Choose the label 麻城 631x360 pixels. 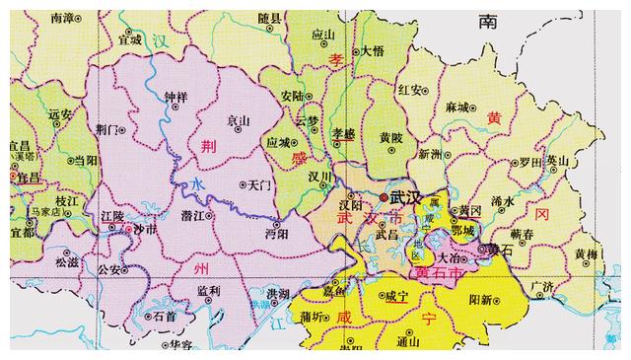pos(456,105)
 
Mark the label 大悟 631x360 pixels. pos(372,49)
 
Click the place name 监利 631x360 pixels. pos(208,291)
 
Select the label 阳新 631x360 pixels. pos(480,298)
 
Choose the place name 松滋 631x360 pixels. pos(67,262)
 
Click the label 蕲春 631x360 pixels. pos(522,231)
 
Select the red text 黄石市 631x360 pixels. pos(437,270)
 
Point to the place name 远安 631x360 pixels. pos(61,113)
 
